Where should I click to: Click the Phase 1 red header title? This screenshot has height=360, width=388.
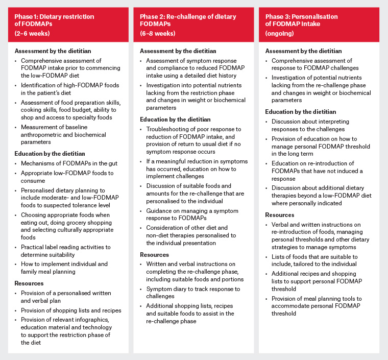54,20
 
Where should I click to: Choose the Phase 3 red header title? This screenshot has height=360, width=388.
301,20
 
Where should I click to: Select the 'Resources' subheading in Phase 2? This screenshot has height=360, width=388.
154,254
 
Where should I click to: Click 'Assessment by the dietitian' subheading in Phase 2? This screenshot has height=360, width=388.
178,51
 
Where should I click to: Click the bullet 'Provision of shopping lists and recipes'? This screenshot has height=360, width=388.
71,310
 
